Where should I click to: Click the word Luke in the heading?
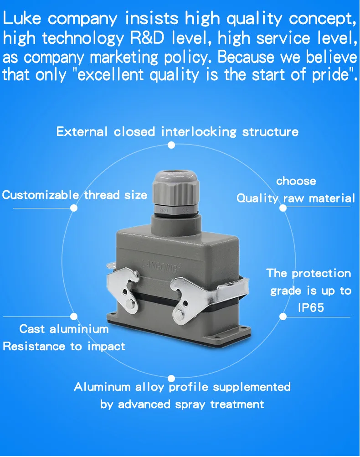click(x=22, y=18)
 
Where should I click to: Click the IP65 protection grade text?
click(x=311, y=308)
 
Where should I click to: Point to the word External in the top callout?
click(x=82, y=132)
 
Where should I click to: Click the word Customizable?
click(x=41, y=195)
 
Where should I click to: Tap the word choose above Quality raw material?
click(x=296, y=181)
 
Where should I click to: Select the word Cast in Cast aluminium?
click(x=32, y=329)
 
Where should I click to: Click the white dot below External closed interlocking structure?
click(x=171, y=145)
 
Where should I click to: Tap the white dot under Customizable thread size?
click(x=74, y=208)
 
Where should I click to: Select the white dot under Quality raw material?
click(x=283, y=208)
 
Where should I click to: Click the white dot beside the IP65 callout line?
click(x=283, y=317)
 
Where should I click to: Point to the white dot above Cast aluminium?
click(x=74, y=317)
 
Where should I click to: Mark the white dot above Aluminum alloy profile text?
click(x=171, y=378)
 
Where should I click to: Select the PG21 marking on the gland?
click(x=164, y=209)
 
